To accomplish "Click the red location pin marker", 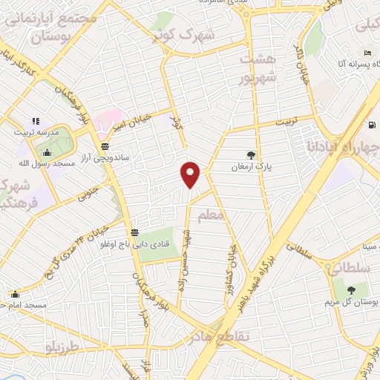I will tap(191, 174).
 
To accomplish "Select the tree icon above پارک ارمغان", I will tap(251, 155).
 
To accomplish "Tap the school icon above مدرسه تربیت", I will tap(34, 121).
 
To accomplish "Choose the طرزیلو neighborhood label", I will tap(62, 348).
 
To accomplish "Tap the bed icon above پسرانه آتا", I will tap(367, 53).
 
